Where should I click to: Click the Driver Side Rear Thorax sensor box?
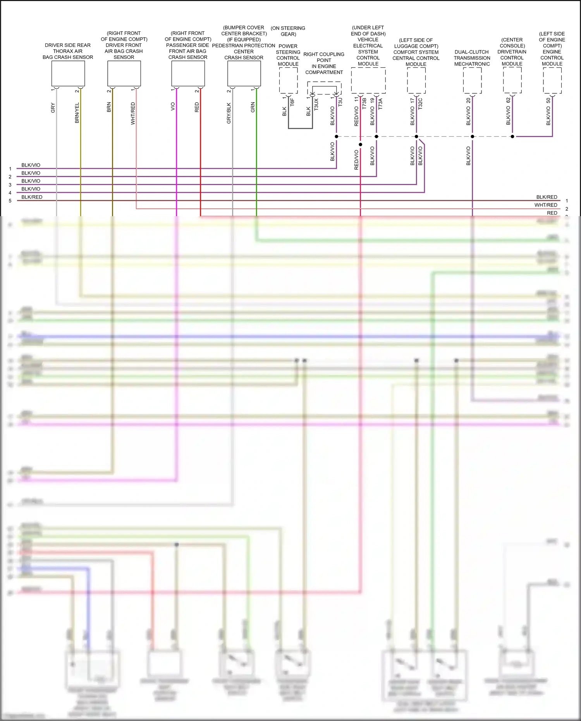click(x=68, y=73)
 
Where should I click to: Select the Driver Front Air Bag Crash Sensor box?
click(x=124, y=73)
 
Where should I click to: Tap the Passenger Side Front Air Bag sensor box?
click(x=188, y=73)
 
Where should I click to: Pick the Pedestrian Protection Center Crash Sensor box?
click(x=244, y=73)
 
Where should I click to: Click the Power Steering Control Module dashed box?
click(x=289, y=80)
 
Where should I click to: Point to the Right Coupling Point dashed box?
click(x=324, y=88)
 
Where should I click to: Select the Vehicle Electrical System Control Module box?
click(x=368, y=80)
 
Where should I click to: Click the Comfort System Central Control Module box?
click(x=416, y=80)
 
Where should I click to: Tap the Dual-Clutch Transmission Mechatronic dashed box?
click(x=472, y=80)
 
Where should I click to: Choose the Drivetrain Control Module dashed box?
click(x=512, y=80)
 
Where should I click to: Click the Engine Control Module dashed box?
click(x=552, y=80)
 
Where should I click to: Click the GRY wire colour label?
click(x=53, y=108)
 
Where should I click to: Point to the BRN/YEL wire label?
click(x=77, y=113)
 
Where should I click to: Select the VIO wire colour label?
click(x=173, y=106)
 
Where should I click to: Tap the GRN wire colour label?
click(x=253, y=107)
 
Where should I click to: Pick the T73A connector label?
click(x=380, y=103)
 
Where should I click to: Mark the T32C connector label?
click(x=420, y=103)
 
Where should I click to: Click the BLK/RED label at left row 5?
click(x=32, y=197)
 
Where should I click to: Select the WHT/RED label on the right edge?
click(x=546, y=205)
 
